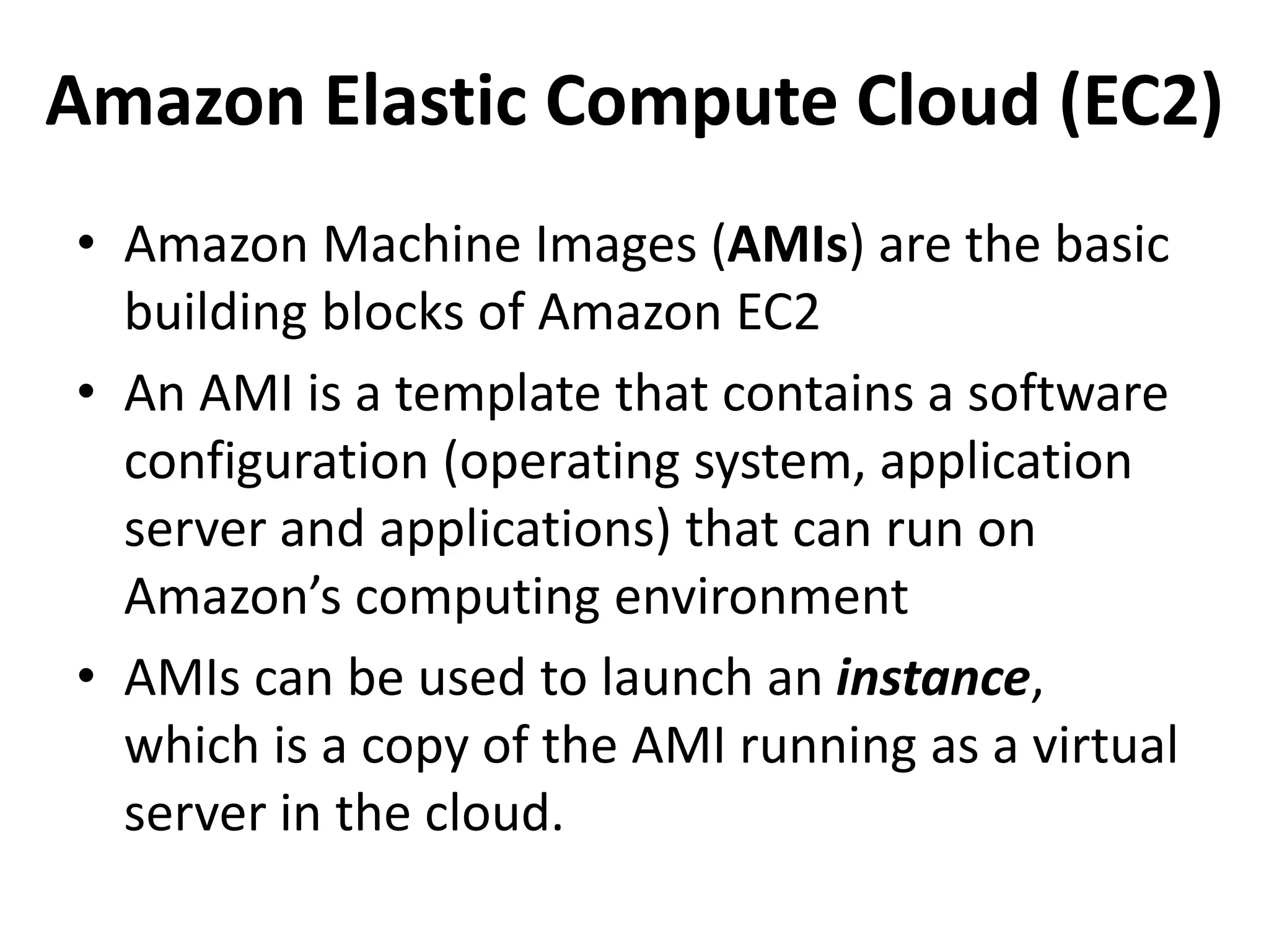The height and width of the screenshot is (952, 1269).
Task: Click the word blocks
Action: point(392,312)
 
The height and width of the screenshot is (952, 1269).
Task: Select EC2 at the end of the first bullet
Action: point(778,312)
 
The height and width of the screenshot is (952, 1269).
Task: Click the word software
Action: point(1067,394)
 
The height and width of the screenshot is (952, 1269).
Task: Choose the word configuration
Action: point(276,464)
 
